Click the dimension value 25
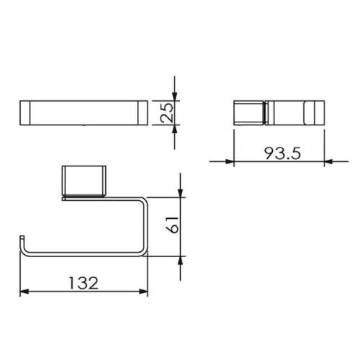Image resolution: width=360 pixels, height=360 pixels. (x=166, y=113)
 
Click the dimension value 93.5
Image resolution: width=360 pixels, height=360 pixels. (x=282, y=153)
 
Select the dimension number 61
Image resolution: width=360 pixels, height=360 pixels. (x=172, y=225)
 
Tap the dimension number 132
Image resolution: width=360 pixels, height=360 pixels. (x=84, y=283)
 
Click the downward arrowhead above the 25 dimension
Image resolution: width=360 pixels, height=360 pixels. (x=175, y=96)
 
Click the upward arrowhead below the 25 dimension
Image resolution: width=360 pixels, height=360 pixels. (x=175, y=130)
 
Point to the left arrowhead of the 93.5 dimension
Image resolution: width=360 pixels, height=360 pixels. (x=229, y=161)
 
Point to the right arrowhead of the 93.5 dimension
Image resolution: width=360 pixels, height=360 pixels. (x=329, y=161)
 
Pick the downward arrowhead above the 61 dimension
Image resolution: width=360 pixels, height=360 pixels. (x=181, y=192)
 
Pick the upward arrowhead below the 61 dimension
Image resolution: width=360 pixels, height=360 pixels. (x=181, y=261)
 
